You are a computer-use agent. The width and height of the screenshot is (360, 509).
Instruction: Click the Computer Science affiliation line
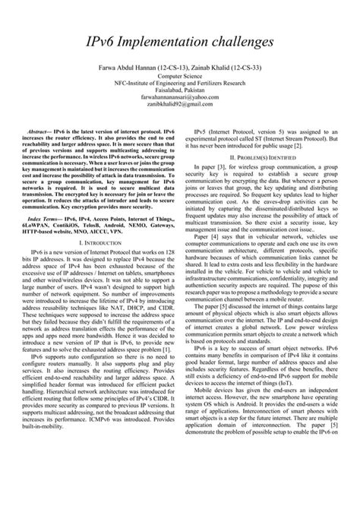pyautogui.click(x=180, y=77)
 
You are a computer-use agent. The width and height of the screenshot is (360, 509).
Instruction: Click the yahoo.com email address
pyautogui.click(x=180, y=98)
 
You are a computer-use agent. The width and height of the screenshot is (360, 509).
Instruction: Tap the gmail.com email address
pyautogui.click(x=180, y=105)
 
